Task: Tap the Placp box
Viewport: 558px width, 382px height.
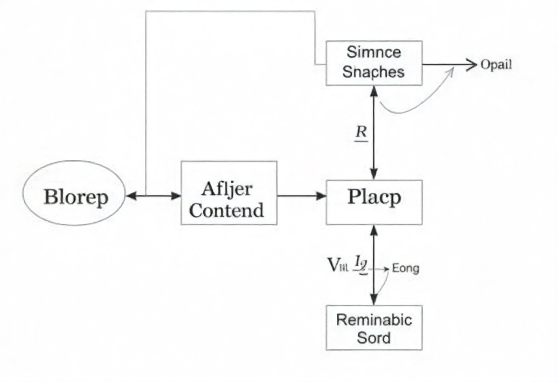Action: coord(374,202)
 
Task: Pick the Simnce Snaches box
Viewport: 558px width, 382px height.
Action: coord(374,62)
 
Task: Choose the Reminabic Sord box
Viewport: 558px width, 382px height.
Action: coord(374,327)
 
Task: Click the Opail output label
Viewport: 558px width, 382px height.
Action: coord(496,64)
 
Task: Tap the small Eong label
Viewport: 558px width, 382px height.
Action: coord(406,269)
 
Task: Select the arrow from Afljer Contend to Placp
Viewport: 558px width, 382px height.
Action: coord(301,196)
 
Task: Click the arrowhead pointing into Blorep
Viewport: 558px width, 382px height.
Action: coord(131,196)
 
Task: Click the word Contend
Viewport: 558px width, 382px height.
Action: coord(227,210)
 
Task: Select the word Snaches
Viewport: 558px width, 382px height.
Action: coord(374,72)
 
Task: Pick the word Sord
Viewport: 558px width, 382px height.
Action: coord(374,337)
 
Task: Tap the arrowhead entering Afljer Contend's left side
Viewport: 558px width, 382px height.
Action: coord(176,196)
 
